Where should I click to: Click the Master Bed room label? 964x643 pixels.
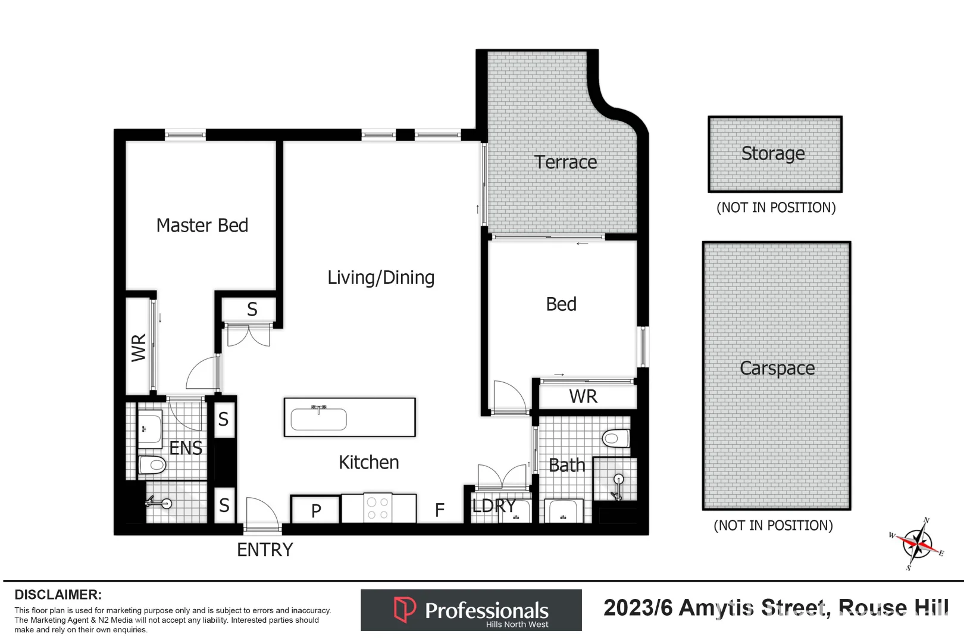click(202, 226)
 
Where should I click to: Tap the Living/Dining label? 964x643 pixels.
click(381, 277)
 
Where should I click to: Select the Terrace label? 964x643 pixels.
click(565, 162)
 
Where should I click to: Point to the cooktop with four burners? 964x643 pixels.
click(377, 508)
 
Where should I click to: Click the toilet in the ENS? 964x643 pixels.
click(152, 464)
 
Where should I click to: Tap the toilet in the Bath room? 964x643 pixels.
click(615, 439)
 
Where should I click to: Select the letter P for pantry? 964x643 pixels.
click(316, 510)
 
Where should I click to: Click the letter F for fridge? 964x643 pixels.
click(439, 510)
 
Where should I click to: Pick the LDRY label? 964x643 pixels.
click(493, 506)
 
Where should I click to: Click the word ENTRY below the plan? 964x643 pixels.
click(265, 550)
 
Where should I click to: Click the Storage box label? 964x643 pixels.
click(773, 154)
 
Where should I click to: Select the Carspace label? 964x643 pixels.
click(777, 369)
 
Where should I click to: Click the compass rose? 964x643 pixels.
click(918, 544)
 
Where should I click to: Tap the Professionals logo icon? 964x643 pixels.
click(405, 610)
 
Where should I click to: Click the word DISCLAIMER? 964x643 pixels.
click(58, 595)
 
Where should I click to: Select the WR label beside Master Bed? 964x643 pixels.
click(139, 348)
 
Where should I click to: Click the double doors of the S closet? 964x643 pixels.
click(249, 336)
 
